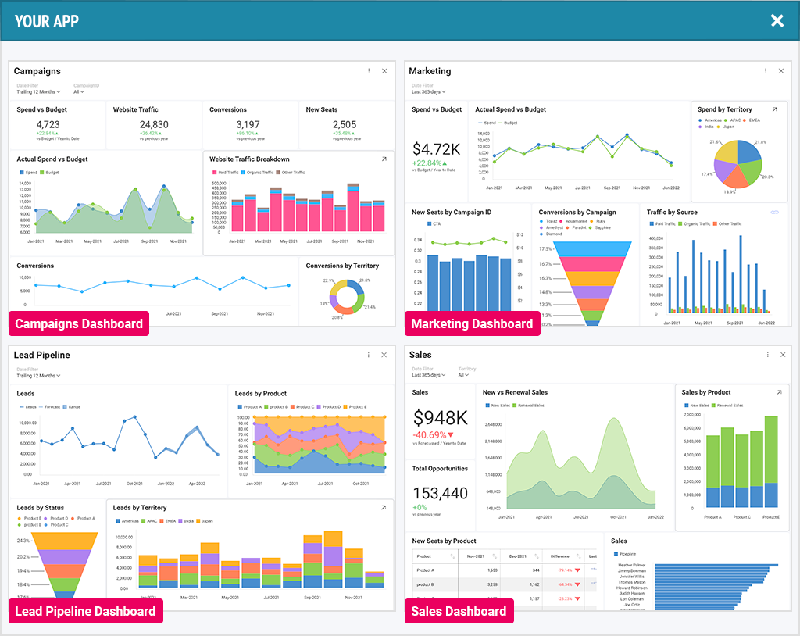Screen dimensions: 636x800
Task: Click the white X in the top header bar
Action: (777, 21)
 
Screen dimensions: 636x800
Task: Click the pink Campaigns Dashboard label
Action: (79, 323)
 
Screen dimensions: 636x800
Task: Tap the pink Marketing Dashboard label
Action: (472, 323)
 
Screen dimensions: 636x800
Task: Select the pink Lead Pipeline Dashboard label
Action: (85, 611)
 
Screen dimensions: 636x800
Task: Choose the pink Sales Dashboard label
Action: (459, 611)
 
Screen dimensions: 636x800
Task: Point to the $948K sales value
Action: (440, 418)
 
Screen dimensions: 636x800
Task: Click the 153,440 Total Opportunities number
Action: (440, 493)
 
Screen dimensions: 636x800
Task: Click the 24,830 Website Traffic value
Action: (154, 124)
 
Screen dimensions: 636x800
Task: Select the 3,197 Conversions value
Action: (248, 124)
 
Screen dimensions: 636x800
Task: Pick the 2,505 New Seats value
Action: (344, 124)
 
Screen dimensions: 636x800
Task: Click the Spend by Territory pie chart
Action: (739, 163)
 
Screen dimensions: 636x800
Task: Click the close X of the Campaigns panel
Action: (384, 71)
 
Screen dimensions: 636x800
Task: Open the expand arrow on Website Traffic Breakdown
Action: (384, 159)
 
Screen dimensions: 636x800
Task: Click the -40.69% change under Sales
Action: (438, 434)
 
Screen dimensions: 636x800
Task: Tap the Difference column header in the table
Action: (560, 556)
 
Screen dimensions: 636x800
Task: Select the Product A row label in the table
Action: (426, 570)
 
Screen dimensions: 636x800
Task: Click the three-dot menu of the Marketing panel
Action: (765, 71)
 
